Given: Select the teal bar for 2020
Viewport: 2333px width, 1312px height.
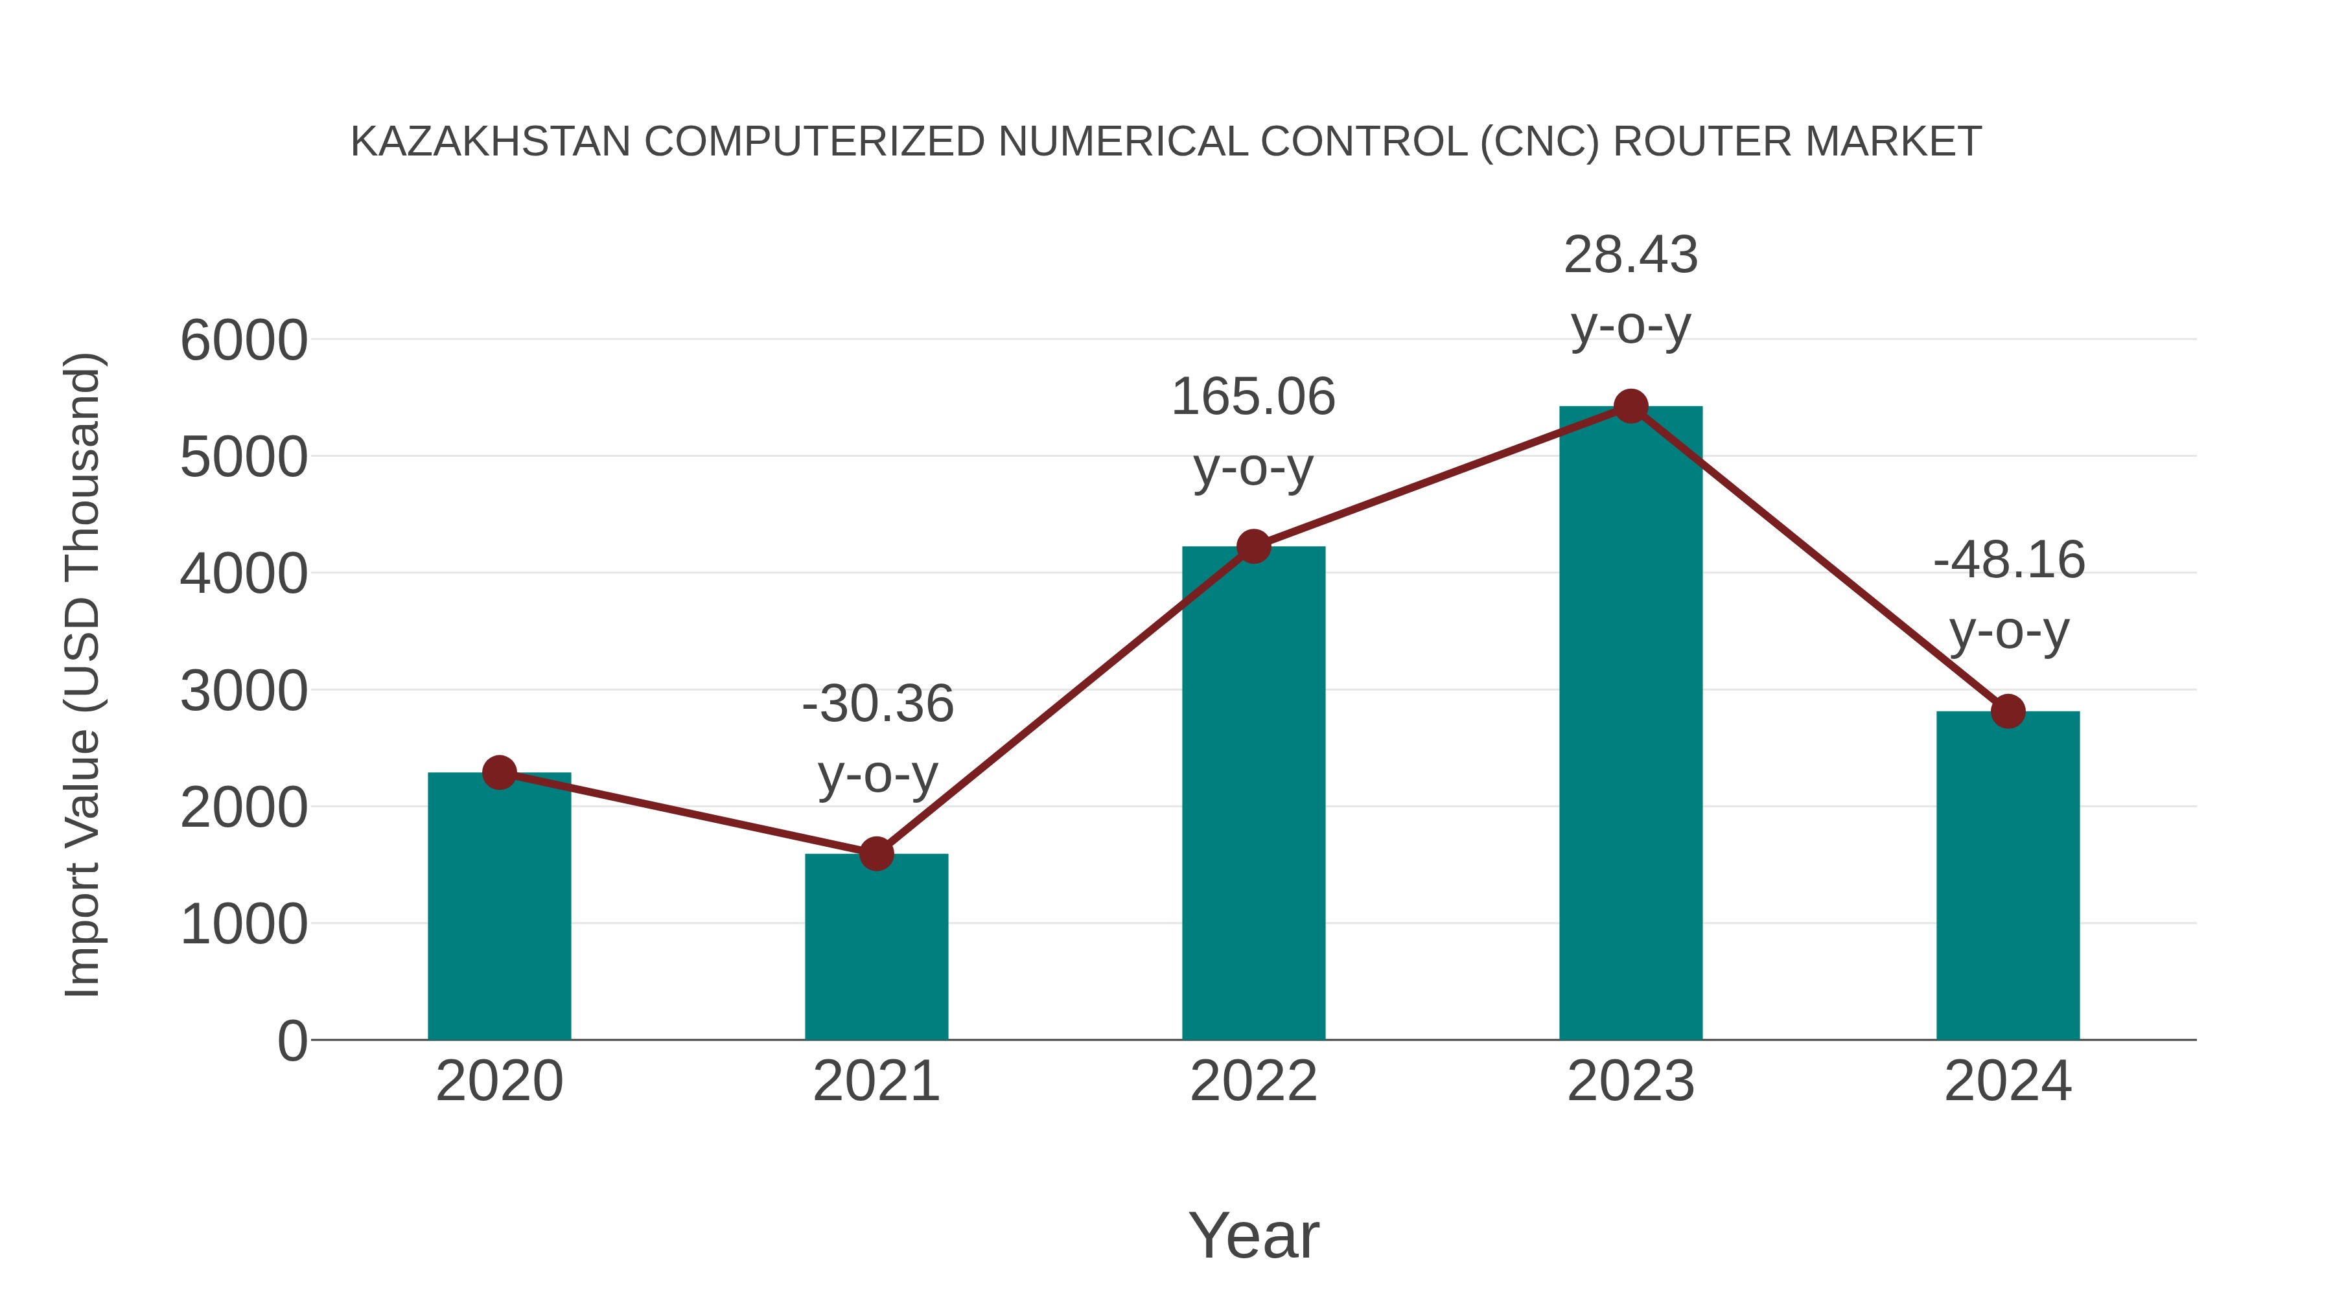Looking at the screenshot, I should tap(499, 906).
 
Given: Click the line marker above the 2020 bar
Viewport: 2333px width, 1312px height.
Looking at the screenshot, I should tap(499, 772).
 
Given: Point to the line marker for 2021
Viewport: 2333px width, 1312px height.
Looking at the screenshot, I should tap(876, 853).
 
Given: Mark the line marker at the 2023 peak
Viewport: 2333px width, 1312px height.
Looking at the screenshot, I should tap(1631, 406).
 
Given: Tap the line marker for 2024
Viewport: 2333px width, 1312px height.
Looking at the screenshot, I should tap(2008, 711).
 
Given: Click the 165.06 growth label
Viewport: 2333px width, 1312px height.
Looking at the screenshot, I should tap(1253, 398).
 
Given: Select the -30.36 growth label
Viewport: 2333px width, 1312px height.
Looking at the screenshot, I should tap(877, 704).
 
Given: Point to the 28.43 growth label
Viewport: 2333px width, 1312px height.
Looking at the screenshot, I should tap(1631, 255).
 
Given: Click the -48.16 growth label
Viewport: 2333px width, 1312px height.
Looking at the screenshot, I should tap(2009, 560).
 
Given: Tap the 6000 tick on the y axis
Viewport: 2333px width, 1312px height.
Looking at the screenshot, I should tap(244, 341).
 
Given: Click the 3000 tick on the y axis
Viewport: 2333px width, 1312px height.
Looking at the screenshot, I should tap(244, 692).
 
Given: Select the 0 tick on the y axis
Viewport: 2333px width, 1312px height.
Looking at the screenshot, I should tap(292, 1041).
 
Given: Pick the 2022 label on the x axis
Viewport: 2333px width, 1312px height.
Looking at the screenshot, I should tap(1253, 1081).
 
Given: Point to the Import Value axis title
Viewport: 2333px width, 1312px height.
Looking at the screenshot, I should tap(82, 674).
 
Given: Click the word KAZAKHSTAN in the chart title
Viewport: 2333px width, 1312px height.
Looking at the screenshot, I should tap(490, 142).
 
